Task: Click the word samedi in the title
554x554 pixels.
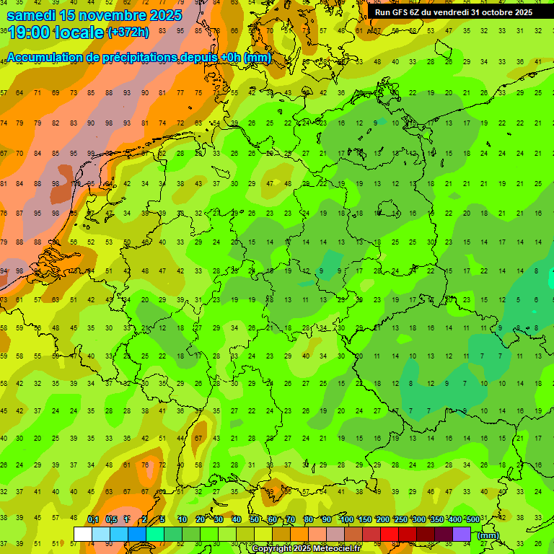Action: point(36,14)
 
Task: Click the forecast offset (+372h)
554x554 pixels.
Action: point(128,32)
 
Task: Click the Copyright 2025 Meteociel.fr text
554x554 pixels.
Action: point(306,549)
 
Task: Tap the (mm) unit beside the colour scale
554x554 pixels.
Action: point(488,535)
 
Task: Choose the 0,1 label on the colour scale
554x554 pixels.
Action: point(93,519)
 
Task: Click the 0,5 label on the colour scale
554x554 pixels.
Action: point(111,519)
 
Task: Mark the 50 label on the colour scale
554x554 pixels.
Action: point(255,519)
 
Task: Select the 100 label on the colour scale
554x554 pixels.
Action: point(346,519)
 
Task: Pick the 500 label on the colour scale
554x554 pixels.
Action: point(472,519)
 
